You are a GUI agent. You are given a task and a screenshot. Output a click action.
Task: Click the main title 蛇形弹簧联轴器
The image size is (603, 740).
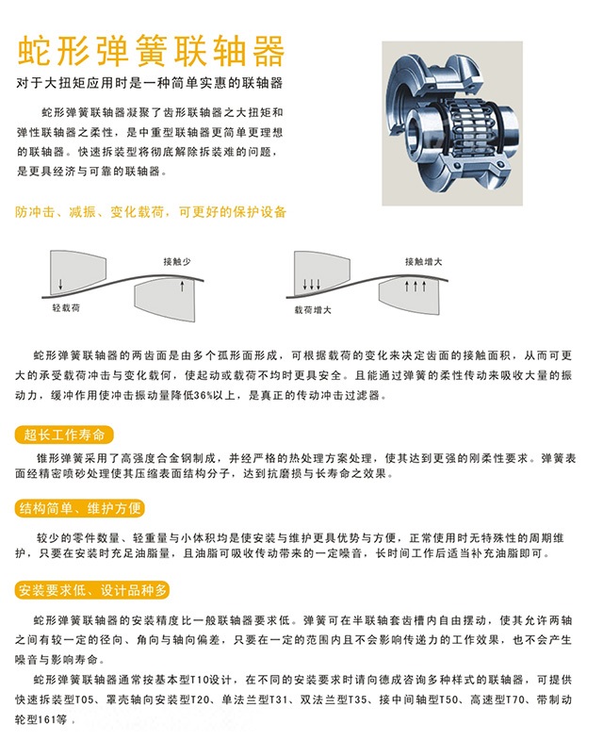(x=151, y=51)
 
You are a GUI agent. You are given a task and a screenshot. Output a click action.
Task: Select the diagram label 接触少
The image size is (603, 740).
(x=177, y=261)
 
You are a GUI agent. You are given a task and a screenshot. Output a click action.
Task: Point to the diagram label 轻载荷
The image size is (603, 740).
(x=66, y=307)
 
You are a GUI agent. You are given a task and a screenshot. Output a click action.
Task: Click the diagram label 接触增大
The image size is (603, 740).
(x=423, y=261)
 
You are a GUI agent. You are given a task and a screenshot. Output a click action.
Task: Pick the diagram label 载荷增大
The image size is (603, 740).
(x=313, y=310)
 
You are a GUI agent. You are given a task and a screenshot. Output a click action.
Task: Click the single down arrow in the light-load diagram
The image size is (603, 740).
(x=60, y=284)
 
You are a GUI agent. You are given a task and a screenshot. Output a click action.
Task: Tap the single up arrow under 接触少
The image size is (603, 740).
(x=182, y=286)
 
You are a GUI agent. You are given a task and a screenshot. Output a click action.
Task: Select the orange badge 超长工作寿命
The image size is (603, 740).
(x=64, y=435)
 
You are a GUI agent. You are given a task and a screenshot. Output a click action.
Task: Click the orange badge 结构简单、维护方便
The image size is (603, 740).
(x=80, y=508)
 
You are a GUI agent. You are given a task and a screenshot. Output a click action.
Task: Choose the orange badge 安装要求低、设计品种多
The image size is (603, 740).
(x=92, y=590)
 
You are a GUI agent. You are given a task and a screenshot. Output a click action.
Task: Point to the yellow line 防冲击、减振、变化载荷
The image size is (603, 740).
(x=90, y=212)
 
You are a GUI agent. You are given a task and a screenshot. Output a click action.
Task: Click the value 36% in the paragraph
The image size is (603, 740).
(x=204, y=396)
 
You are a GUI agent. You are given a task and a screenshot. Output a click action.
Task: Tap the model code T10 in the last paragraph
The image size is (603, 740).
(x=200, y=680)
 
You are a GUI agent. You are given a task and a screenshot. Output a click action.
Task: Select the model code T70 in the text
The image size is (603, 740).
(x=516, y=699)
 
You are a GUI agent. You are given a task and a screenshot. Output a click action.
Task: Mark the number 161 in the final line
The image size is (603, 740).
(x=47, y=719)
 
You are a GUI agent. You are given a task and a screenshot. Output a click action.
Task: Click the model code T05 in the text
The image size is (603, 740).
(x=85, y=699)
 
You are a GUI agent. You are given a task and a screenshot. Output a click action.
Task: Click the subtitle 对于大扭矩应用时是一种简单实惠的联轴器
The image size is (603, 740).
(x=149, y=83)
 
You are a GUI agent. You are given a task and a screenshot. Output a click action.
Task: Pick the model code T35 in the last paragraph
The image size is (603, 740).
(x=358, y=699)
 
